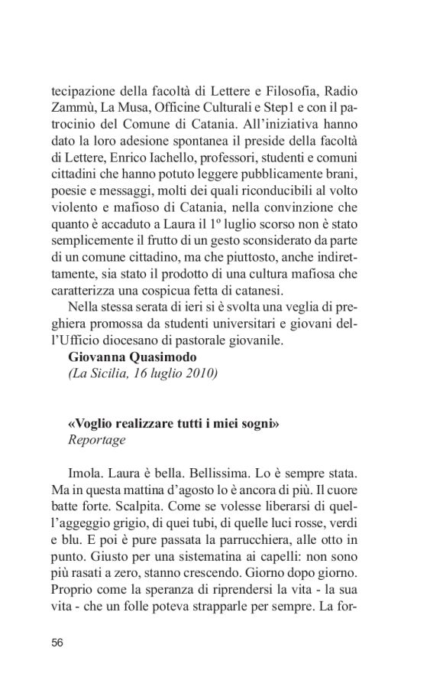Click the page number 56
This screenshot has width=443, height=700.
point(57,642)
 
